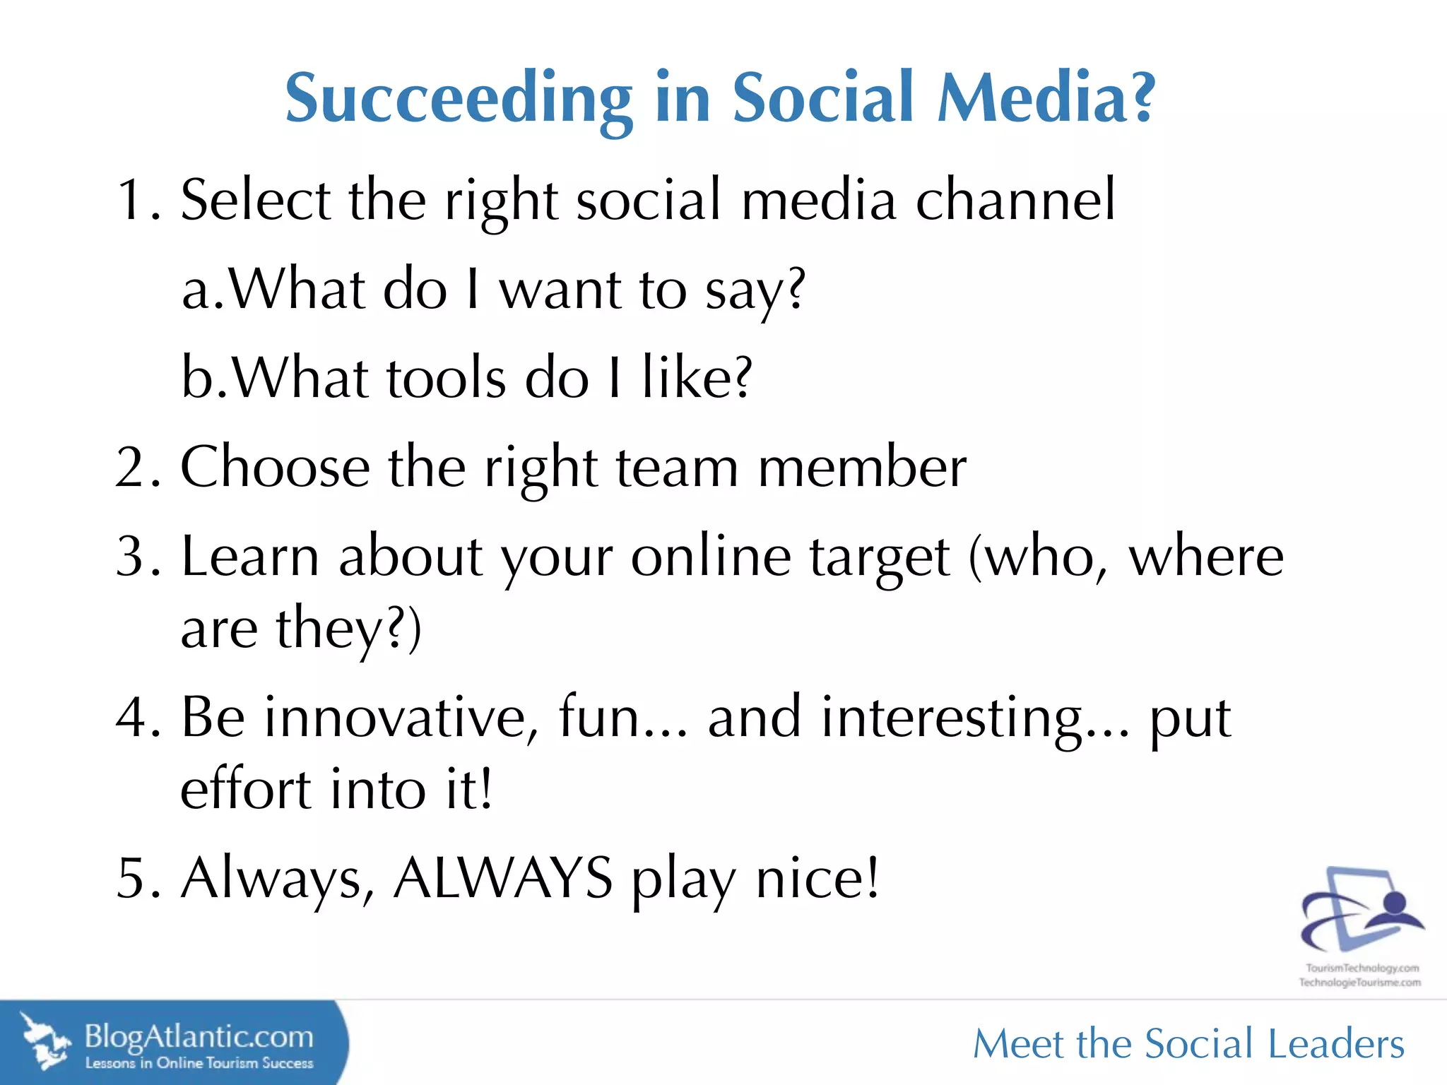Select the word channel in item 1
point(1015,201)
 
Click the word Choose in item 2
point(275,468)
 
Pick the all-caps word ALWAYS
point(502,878)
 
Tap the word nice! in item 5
point(817,878)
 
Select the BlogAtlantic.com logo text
point(199,1037)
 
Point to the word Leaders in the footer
point(1336,1045)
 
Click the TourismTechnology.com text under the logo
point(1362,968)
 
